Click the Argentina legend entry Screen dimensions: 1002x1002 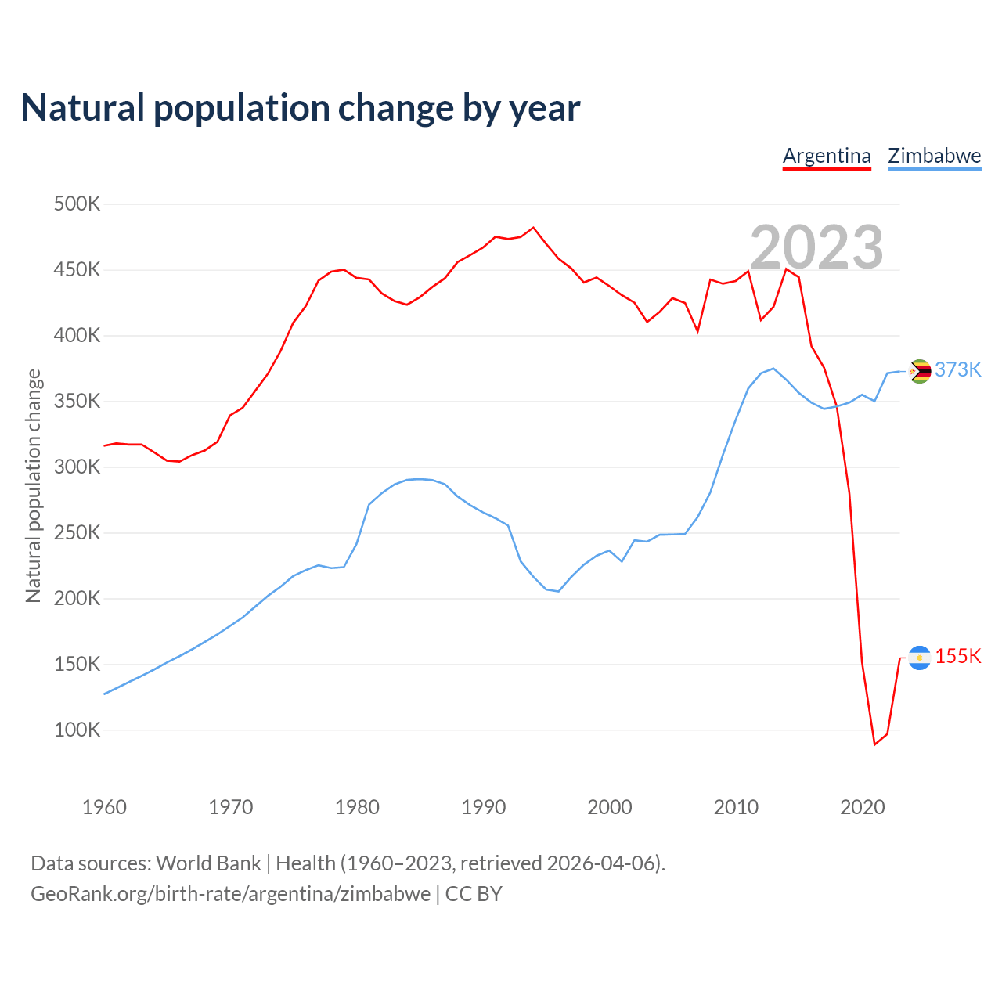tap(827, 156)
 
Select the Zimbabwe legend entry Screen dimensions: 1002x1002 tap(934, 156)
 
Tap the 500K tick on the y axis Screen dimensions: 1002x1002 tap(77, 204)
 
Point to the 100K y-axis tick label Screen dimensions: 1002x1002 tap(77, 730)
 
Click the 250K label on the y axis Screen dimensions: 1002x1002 tap(77, 533)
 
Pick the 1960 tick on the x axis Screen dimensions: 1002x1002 tap(104, 807)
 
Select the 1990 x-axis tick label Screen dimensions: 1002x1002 tap(483, 807)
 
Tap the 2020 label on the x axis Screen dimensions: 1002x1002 tap(862, 807)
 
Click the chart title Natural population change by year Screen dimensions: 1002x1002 tap(301, 108)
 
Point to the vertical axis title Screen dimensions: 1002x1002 tap(33, 485)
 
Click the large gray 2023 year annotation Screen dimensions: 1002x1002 tap(816, 247)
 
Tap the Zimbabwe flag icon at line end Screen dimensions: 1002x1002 tap(919, 371)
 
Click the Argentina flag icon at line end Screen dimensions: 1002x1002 tap(919, 658)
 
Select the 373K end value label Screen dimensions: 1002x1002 tap(957, 369)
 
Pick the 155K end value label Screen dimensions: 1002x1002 tap(957, 656)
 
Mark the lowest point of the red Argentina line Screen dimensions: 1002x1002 tap(874, 744)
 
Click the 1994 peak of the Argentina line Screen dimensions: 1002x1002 tap(533, 228)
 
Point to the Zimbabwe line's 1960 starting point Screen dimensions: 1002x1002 tap(104, 694)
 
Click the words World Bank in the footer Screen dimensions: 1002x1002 tap(208, 863)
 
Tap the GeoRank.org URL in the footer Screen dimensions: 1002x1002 tap(230, 894)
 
